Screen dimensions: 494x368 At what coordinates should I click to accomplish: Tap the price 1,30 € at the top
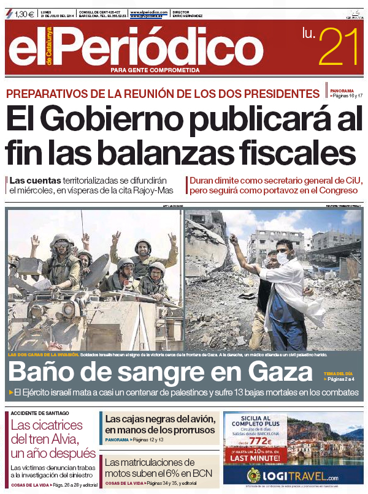pyautogui.click(x=24, y=13)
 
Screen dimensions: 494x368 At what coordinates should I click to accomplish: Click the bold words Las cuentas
pyautogui.click(x=35, y=181)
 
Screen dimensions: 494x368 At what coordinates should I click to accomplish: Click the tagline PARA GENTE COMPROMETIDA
pyautogui.click(x=155, y=70)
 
